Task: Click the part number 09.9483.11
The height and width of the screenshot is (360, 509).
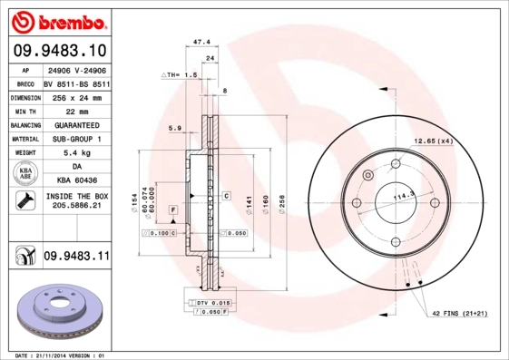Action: click(x=76, y=258)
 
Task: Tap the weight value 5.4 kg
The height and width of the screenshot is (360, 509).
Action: click(x=76, y=153)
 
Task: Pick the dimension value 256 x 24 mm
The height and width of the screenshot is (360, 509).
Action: click(x=76, y=97)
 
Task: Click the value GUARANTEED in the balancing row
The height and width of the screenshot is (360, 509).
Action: click(x=76, y=124)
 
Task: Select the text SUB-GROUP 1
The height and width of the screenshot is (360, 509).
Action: click(x=76, y=139)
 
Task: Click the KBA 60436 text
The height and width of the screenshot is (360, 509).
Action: click(x=76, y=181)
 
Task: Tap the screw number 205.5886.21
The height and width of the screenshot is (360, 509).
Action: click(x=76, y=207)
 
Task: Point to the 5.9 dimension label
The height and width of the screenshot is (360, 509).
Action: click(x=176, y=128)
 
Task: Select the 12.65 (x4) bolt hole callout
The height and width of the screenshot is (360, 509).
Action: click(x=434, y=141)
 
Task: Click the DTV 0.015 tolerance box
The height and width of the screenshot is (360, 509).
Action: click(x=209, y=302)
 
